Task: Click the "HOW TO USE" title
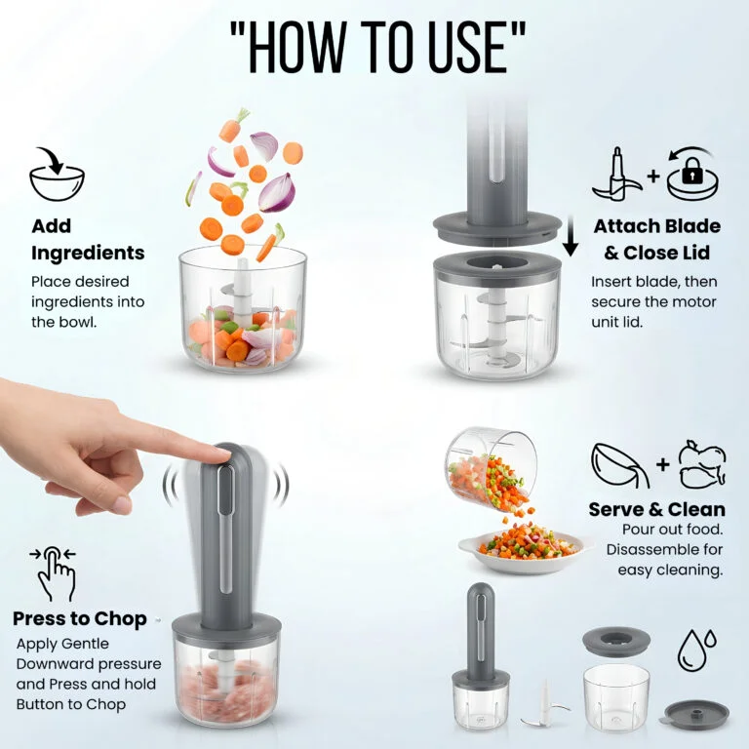pos(377,47)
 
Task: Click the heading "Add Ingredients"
pos(88,239)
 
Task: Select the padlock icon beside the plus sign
pos(692,176)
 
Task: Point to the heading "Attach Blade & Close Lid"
pos(656,239)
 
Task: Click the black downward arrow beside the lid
pos(570,236)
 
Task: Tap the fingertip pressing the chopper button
pos(220,453)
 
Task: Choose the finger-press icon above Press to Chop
pos(54,573)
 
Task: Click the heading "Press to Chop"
pos(80,618)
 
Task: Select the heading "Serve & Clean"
pos(656,509)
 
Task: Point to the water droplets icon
pos(697,650)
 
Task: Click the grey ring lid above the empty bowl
pos(616,642)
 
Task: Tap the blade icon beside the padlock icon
pos(617,175)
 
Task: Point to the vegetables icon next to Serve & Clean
pos(702,465)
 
